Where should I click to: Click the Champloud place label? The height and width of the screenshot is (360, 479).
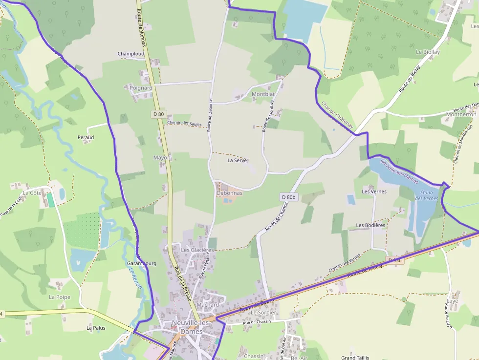coord(131,54)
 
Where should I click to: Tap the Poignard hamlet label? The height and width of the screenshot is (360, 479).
coord(141,88)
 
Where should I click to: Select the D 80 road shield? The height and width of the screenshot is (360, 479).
coord(158,114)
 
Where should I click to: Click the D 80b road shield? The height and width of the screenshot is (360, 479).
coord(289,197)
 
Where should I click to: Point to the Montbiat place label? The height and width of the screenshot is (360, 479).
coord(263,94)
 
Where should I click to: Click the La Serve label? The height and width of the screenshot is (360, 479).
coord(238,160)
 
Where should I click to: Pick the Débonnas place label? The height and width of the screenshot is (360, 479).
coord(229,193)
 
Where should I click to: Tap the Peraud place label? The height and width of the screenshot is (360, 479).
coord(86,137)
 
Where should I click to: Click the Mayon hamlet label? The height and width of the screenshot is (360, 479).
coord(162,158)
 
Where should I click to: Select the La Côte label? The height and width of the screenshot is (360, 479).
coord(32,193)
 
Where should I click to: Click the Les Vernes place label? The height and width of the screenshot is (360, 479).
coord(374,191)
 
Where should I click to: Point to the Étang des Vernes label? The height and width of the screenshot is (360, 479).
coord(426,195)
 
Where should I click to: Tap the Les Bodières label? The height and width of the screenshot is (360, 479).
coord(370,225)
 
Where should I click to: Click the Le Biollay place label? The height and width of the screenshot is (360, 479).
coord(428,52)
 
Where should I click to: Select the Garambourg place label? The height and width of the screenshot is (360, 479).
coord(141,263)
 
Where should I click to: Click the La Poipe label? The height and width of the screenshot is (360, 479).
coord(60,297)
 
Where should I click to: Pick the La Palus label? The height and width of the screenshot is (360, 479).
coord(96,328)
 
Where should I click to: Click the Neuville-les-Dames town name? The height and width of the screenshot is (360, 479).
coord(191,327)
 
